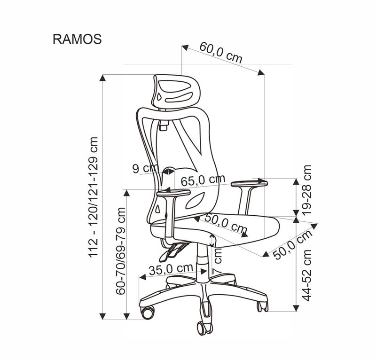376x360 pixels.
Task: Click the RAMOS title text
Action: click(x=77, y=39)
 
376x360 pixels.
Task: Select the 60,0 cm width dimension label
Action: click(x=221, y=53)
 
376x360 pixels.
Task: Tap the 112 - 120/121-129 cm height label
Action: click(x=94, y=197)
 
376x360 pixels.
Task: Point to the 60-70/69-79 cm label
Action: click(x=121, y=251)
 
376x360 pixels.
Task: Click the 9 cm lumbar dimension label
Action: click(x=144, y=168)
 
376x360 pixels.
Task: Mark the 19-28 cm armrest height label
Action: click(x=307, y=190)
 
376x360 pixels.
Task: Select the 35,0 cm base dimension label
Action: click(x=171, y=269)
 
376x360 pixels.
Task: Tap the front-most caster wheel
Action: click(x=205, y=326)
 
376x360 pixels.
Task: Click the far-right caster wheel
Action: click(x=262, y=306)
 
